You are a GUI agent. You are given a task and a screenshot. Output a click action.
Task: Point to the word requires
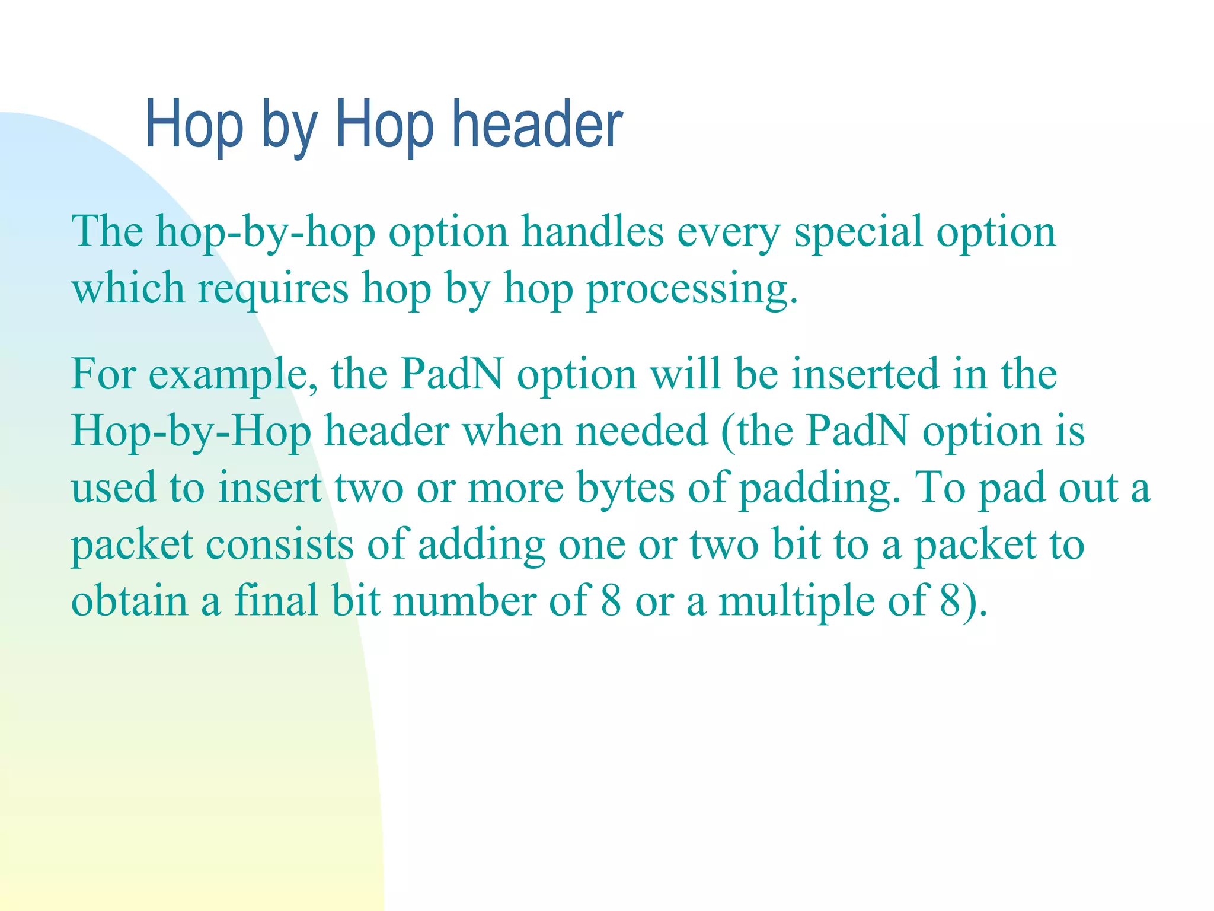coord(273,289)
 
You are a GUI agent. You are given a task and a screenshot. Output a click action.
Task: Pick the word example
coord(232,375)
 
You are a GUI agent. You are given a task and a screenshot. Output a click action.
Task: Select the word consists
coord(279,544)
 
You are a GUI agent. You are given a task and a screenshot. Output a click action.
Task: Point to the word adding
coord(481,544)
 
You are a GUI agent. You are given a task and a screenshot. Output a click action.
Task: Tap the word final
coord(276,601)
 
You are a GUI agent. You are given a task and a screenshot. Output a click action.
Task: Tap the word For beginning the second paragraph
coord(103,375)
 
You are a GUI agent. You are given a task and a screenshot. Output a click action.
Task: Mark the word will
coord(685,375)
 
